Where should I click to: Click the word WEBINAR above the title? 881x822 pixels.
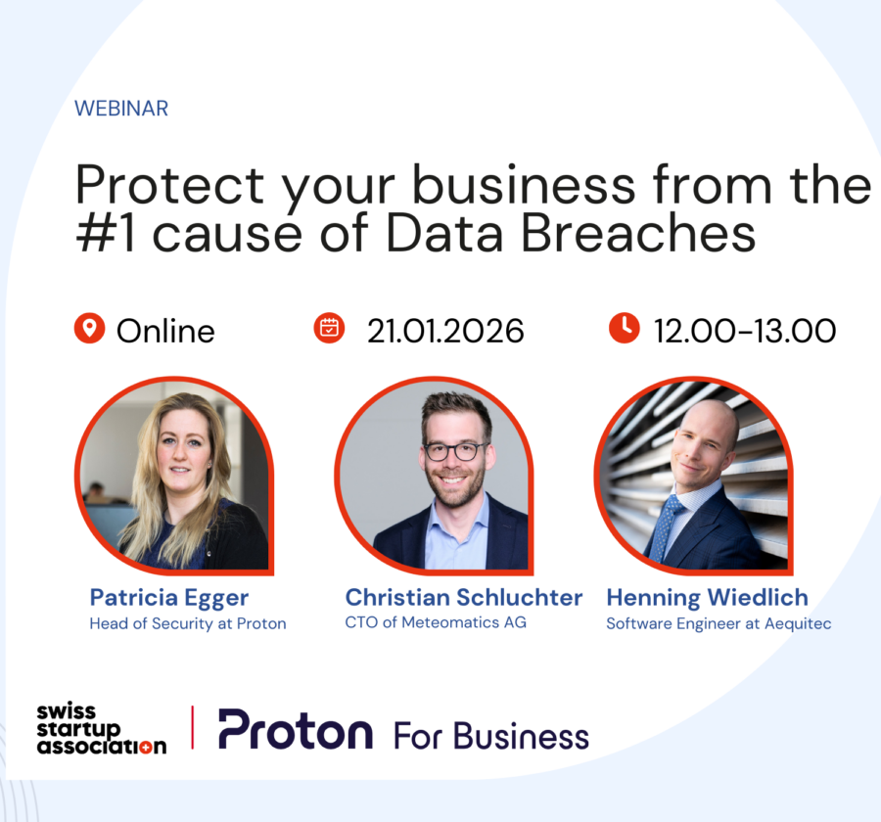pos(121,109)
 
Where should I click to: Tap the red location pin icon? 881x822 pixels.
pos(89,329)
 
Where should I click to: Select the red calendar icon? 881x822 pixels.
pos(329,329)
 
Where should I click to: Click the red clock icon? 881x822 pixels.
pos(624,329)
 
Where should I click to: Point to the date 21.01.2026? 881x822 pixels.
pos(445,331)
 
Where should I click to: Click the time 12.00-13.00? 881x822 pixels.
pos(745,331)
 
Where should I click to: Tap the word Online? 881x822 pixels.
pos(165,331)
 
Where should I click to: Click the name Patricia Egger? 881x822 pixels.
pos(169,597)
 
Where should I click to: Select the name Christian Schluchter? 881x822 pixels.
pos(464,597)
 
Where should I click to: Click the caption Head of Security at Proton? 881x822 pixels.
pos(188,623)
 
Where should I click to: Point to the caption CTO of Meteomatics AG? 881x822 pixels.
pos(436,622)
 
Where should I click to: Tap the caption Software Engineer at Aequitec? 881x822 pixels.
pos(719,623)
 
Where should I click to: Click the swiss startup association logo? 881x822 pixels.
pos(101,729)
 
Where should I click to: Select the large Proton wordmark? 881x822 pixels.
pos(295,729)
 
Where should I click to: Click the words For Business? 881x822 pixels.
pos(491,735)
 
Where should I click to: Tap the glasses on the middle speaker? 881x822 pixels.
pos(454,451)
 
